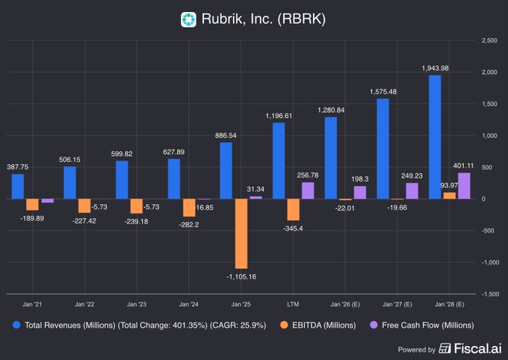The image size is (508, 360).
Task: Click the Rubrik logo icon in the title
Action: [189, 19]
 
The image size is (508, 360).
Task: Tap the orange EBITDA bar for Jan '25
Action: [241, 233]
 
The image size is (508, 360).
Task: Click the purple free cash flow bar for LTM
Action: [308, 190]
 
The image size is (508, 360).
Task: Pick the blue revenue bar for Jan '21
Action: [18, 186]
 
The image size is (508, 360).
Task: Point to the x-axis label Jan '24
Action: [189, 305]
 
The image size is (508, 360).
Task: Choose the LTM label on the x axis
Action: [294, 305]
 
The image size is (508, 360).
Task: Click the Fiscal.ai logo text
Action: [474, 348]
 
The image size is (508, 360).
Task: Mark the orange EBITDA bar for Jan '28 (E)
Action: [449, 196]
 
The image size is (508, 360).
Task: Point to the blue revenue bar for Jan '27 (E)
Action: [382, 149]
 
